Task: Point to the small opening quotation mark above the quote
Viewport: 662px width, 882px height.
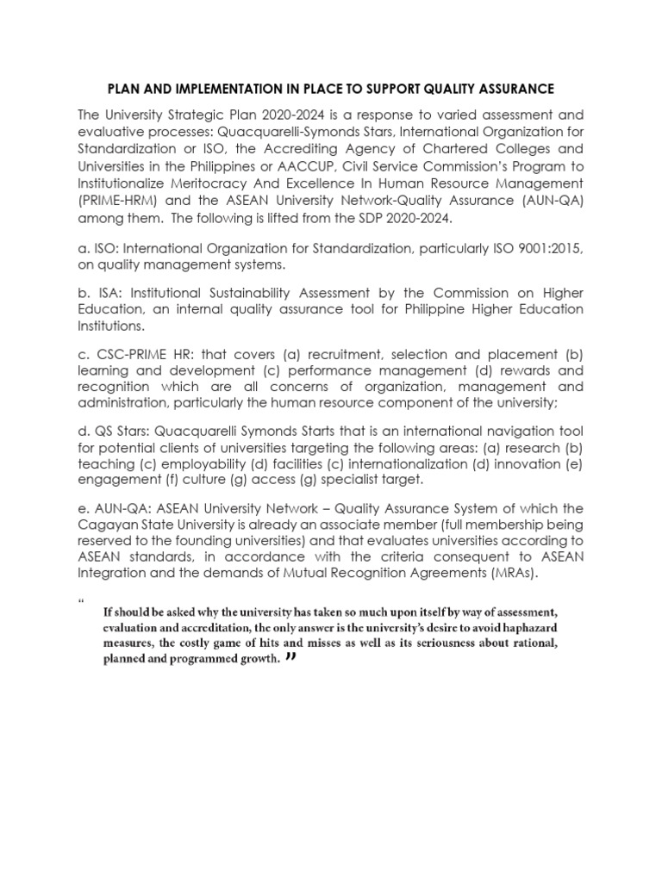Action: (80, 600)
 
